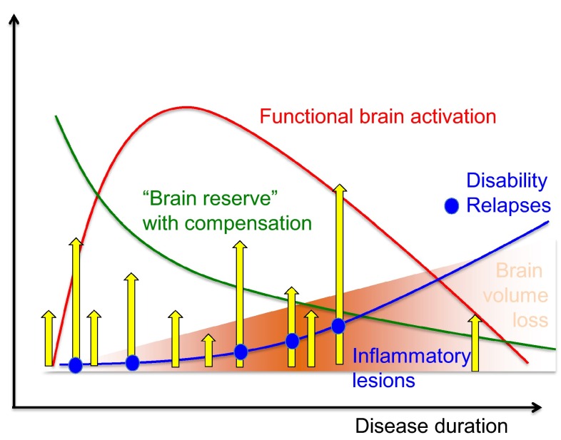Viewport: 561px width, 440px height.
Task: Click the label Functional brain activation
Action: click(x=378, y=116)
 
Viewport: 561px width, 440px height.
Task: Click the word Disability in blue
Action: click(x=506, y=181)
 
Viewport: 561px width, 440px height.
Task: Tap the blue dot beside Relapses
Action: click(x=450, y=206)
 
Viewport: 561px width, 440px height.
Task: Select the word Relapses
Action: click(x=508, y=205)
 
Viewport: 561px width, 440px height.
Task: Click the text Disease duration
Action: click(x=432, y=426)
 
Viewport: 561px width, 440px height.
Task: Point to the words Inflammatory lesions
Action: click(x=411, y=367)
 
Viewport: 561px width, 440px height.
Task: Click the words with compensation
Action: click(x=227, y=222)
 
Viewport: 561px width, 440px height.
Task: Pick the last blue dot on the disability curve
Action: click(x=339, y=326)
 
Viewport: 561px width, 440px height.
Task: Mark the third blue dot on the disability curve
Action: click(x=241, y=352)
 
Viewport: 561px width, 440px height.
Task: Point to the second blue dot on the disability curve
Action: click(x=132, y=363)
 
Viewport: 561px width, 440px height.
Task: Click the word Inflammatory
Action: click(x=411, y=356)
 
